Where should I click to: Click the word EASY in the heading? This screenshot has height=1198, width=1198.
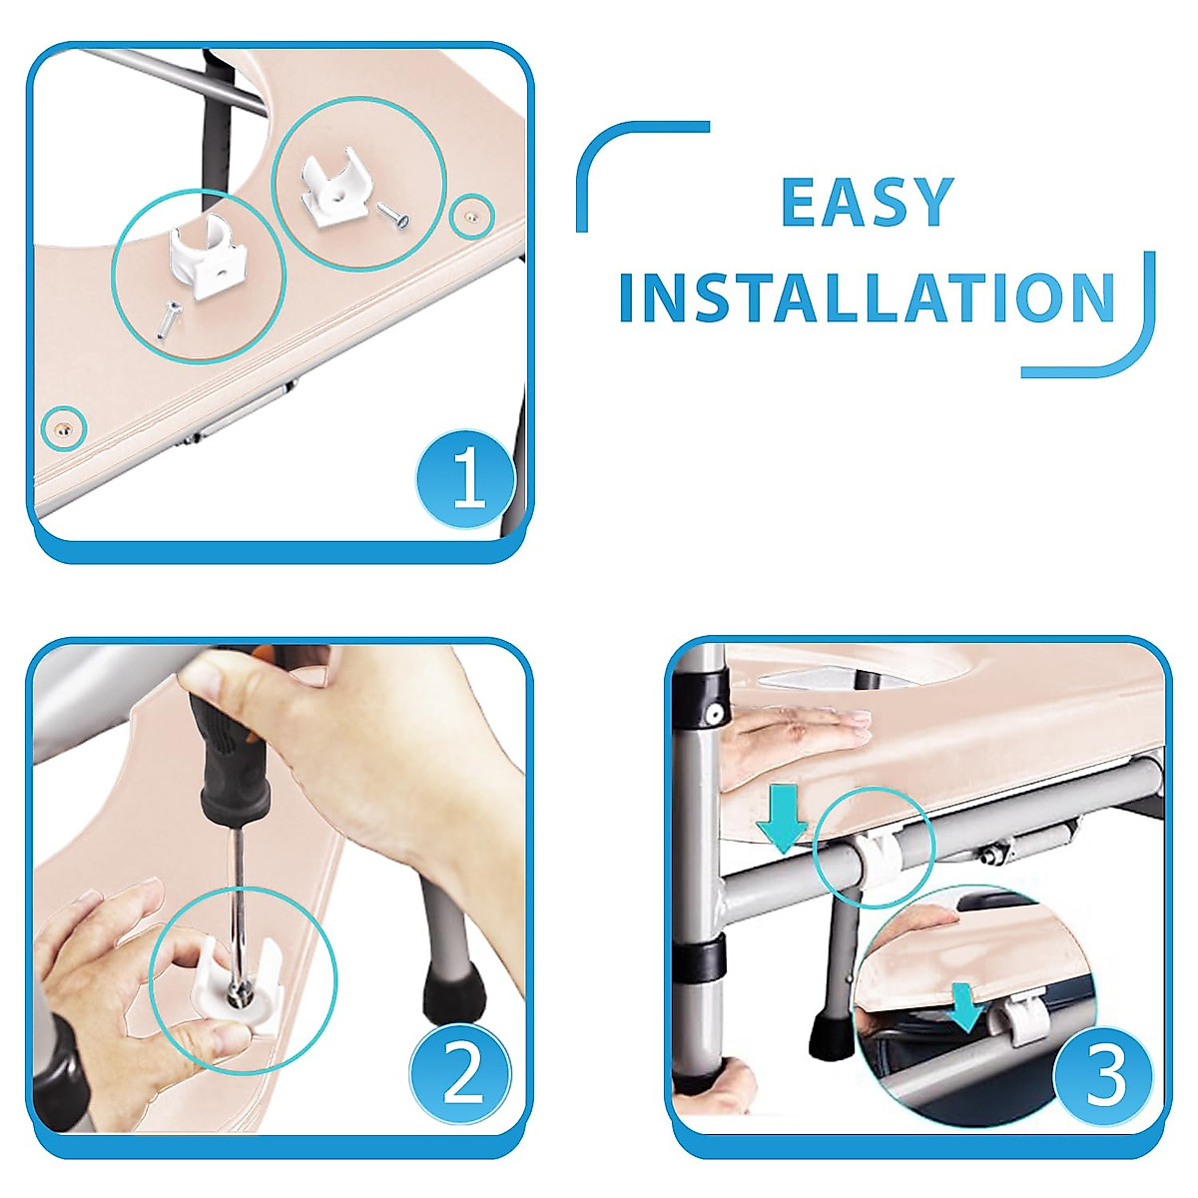click(x=868, y=202)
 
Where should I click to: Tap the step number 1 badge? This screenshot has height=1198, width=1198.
click(x=466, y=479)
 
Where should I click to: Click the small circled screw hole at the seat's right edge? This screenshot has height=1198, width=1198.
click(x=470, y=216)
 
